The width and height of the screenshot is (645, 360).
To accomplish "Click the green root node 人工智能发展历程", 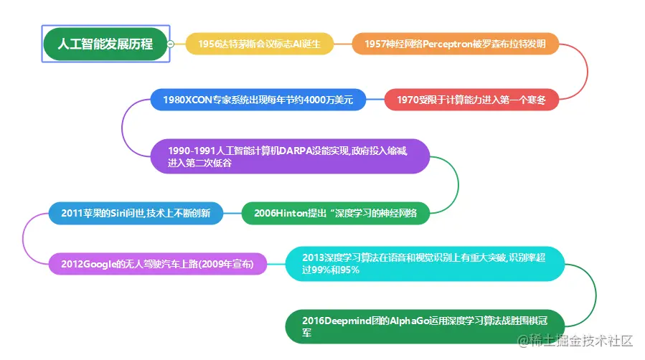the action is coord(105,44).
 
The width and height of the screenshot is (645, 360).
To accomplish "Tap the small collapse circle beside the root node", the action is coord(171,44).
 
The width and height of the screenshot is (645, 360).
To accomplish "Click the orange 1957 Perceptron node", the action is coord(455,44).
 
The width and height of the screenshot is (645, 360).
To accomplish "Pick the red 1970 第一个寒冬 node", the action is coord(471,100).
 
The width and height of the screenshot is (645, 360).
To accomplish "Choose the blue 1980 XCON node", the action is coord(258,100).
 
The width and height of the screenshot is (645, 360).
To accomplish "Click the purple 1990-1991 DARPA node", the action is coord(290,156).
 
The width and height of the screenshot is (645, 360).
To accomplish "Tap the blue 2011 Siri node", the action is coord(136,213).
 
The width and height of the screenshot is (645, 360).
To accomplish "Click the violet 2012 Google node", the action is coord(157,264).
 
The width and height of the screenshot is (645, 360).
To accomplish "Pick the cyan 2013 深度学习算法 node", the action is coord(425,264).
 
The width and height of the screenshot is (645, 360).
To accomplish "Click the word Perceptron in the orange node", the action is coord(450,44).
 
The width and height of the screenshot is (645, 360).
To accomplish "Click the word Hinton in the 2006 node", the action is coord(291,213).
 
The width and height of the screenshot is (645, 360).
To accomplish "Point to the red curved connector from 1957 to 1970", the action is coord(587,72).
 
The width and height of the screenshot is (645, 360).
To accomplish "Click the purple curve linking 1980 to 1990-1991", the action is coord(123,128).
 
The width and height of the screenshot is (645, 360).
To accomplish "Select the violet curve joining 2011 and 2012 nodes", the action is coord(24,238).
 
